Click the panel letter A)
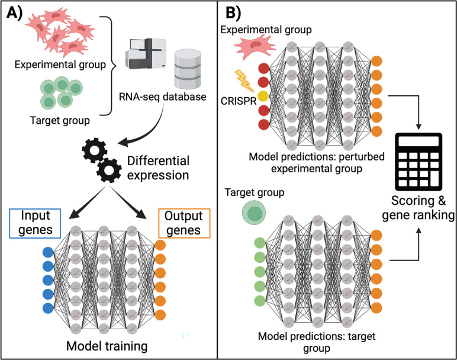14,13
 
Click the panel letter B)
233,13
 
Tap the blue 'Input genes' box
35,223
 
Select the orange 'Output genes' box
184,223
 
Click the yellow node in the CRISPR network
263,96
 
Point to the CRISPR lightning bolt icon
244,81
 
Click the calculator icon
419,162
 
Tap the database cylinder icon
188,69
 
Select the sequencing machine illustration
146,54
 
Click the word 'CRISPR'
239,101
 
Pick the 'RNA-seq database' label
162,97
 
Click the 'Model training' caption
107,346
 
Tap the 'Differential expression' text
158,168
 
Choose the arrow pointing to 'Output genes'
128,203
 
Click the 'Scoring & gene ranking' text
419,208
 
